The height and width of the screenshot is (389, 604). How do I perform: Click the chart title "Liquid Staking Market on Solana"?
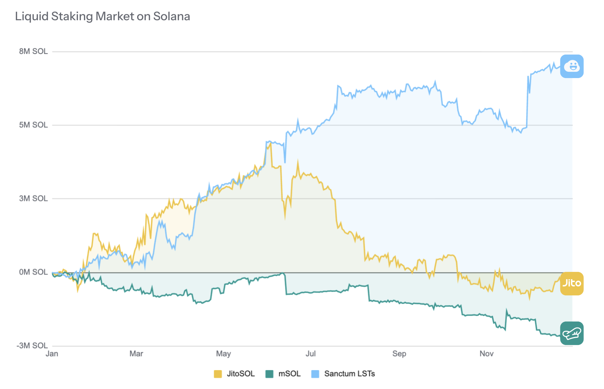tap(102, 17)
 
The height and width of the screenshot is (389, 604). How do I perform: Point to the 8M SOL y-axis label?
tap(33, 51)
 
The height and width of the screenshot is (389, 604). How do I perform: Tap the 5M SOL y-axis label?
tap(33, 125)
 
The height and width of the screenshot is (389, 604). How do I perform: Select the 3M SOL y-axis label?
tap(33, 198)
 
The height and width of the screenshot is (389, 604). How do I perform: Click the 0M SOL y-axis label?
tap(33, 272)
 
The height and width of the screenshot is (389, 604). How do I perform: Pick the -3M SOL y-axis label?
tap(32, 346)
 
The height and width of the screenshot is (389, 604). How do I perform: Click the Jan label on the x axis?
tap(52, 354)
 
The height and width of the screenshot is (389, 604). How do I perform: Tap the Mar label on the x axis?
tap(136, 354)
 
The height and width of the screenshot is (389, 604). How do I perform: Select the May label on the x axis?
tap(223, 354)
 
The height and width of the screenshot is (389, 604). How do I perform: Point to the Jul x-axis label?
tap(311, 354)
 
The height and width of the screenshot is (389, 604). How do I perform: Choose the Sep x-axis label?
tap(399, 354)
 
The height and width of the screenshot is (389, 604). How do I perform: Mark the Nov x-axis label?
tap(486, 354)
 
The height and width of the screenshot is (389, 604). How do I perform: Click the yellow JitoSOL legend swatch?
tap(218, 374)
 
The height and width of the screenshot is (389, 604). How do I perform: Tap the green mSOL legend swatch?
tap(269, 374)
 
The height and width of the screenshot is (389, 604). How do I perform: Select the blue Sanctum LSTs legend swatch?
tap(315, 374)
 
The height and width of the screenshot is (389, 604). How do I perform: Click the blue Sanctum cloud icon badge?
tap(572, 66)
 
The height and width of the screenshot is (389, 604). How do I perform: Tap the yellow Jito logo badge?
tap(572, 283)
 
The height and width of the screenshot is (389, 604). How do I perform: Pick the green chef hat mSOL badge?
tap(572, 333)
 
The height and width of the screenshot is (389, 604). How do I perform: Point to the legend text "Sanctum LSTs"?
tap(350, 374)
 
